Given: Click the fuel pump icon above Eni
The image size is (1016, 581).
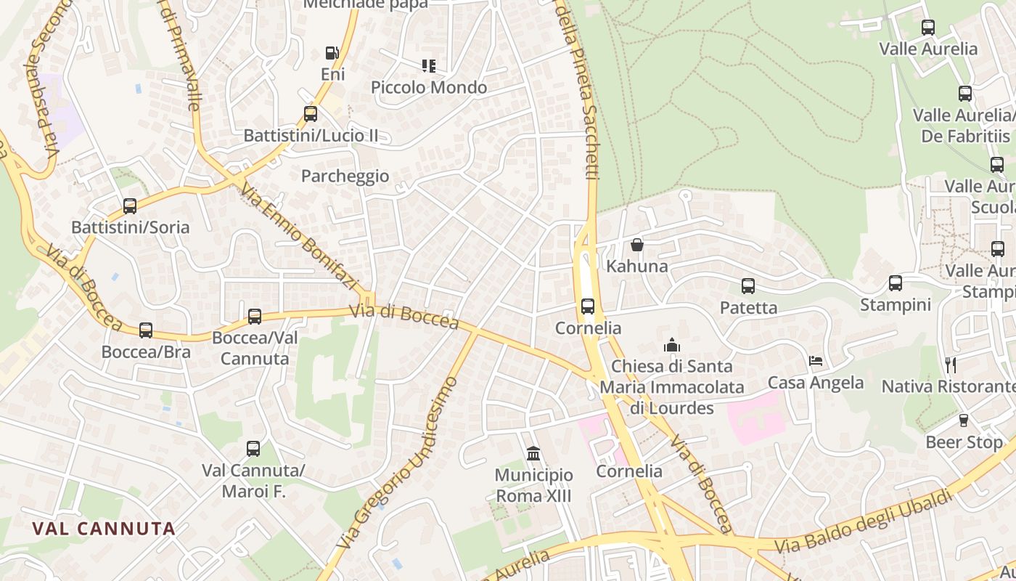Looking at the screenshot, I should tap(332, 53).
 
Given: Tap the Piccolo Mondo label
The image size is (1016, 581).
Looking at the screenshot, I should tap(429, 88).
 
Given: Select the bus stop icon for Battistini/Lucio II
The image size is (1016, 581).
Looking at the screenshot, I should tap(311, 114).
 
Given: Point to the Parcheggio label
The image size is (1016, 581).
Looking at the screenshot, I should tap(345, 176).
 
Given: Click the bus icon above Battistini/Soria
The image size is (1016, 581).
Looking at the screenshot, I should tap(130, 206).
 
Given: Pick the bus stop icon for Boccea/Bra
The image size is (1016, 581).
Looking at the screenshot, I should tap(146, 330).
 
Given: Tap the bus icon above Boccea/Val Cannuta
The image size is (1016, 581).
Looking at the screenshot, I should tap(255, 317).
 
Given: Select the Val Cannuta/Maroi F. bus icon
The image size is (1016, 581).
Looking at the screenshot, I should tap(253, 449).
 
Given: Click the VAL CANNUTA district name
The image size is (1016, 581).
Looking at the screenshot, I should tap(104, 529).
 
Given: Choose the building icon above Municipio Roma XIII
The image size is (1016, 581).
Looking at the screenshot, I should tap(533, 454).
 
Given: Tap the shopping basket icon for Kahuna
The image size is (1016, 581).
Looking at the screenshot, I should tap(637, 245).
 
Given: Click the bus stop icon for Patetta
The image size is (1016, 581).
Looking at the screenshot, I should tap(748, 286).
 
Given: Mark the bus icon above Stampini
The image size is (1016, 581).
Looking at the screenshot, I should tap(896, 283).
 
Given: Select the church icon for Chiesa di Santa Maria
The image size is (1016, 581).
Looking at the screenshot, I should tap(672, 344).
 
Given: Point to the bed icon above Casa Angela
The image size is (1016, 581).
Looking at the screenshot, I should tap(816, 361).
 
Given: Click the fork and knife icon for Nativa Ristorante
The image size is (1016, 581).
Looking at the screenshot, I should tap(951, 365).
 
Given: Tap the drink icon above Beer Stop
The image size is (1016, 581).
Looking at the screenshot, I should tap(964, 420).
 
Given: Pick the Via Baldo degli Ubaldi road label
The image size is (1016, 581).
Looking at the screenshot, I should tap(864, 520).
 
